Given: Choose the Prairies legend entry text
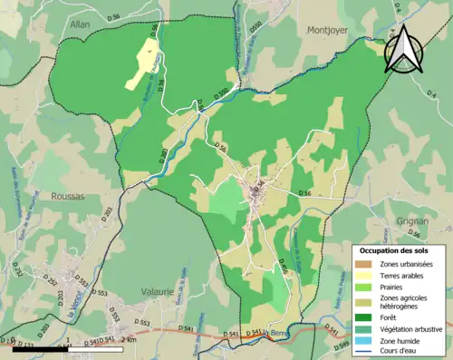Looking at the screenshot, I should [394, 288].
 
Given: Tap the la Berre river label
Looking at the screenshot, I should [275, 335].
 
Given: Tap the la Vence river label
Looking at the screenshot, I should [69, 312].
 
